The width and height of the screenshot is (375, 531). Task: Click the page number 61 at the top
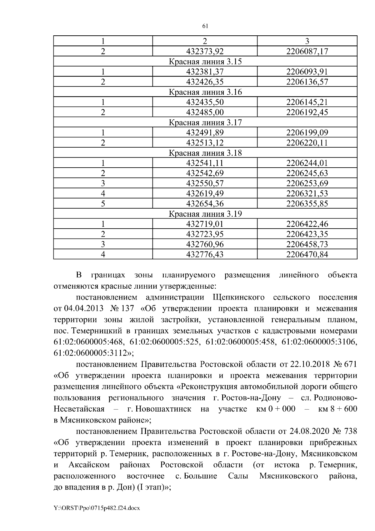[205, 26]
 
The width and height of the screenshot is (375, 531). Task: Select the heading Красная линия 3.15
[205, 62]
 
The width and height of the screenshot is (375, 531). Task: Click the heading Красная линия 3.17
[205, 123]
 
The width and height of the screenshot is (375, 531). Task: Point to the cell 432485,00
[205, 112]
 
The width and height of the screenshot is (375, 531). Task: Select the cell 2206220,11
[307, 143]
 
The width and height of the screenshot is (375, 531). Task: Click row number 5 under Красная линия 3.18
[103, 204]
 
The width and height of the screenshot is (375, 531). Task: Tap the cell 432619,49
[205, 194]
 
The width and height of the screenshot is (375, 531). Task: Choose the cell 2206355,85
[307, 204]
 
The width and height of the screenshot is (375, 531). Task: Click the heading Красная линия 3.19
[205, 214]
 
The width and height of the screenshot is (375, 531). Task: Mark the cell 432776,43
[205, 255]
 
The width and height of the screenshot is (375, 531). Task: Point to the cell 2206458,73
[307, 245]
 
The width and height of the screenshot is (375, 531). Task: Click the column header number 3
[307, 41]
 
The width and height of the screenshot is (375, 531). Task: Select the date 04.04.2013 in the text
[84, 309]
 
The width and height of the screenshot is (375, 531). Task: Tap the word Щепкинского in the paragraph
[238, 297]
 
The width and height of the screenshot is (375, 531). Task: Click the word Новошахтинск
[160, 409]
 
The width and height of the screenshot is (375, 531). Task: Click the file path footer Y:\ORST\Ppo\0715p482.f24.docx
[97, 508]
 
